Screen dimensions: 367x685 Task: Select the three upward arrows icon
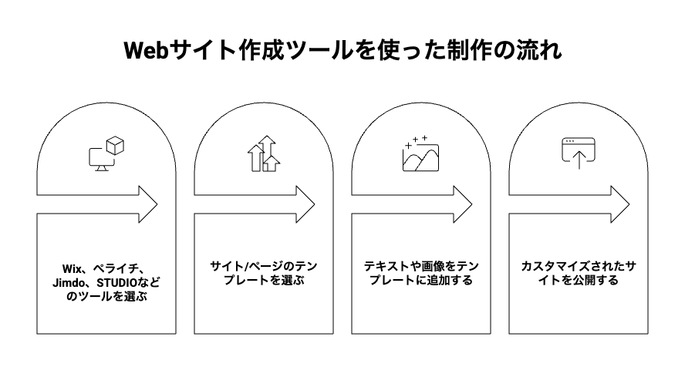tap(262, 153)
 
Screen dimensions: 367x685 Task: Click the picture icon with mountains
tap(420, 154)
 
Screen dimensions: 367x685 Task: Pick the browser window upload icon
tap(578, 153)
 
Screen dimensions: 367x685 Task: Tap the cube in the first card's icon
tap(115, 145)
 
